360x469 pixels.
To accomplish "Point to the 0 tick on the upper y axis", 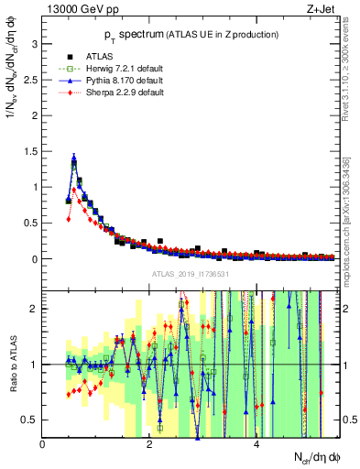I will pos(36,259).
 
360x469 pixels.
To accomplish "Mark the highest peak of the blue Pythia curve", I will pos(73,157).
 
